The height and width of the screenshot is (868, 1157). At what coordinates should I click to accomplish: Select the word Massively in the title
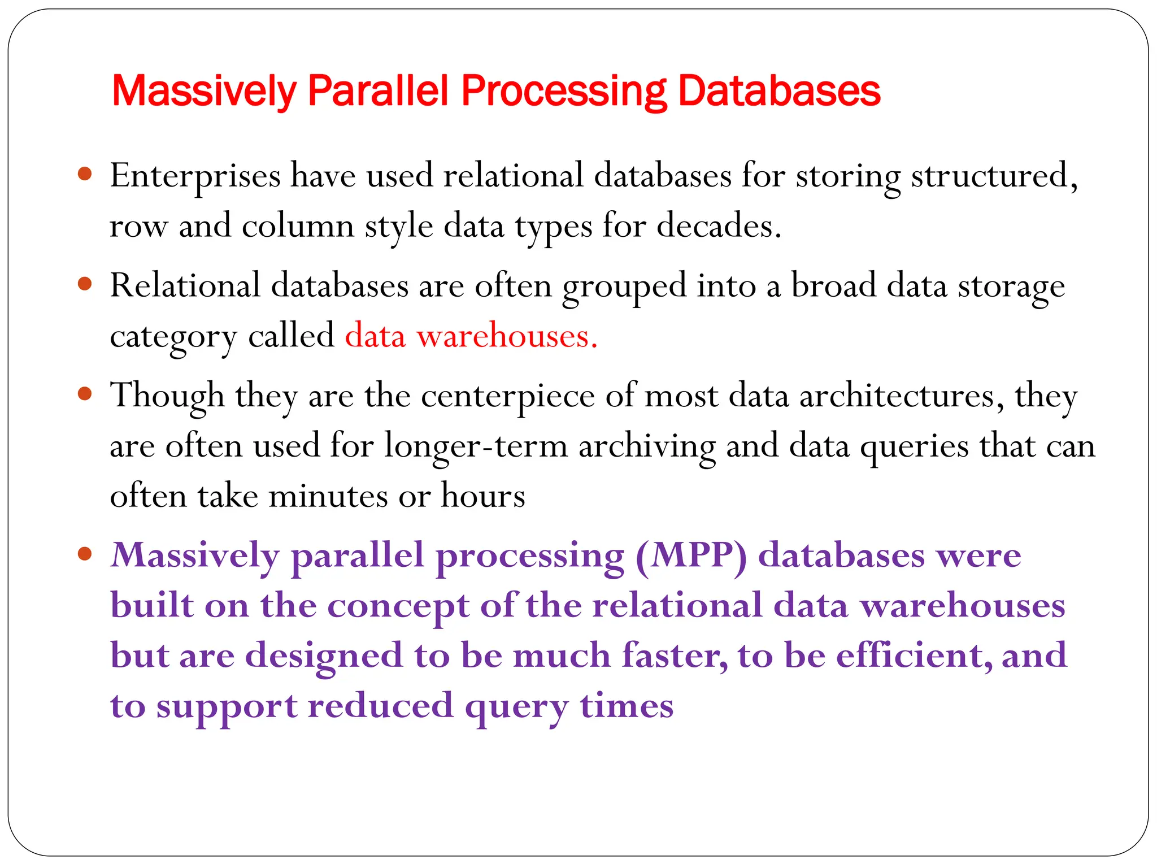tap(204, 92)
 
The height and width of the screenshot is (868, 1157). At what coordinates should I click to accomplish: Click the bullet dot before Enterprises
tap(85, 173)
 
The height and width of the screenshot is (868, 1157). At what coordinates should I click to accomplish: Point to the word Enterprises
tap(195, 176)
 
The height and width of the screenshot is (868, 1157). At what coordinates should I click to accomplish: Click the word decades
tap(719, 226)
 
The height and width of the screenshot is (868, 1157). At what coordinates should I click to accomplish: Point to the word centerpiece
tap(507, 396)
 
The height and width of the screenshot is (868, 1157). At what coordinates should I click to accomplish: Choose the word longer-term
tap(476, 446)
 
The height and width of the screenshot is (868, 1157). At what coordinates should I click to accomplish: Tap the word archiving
tap(647, 446)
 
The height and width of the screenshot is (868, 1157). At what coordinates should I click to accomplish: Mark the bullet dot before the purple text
tap(85, 553)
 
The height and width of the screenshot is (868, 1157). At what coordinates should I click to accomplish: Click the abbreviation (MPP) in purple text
tap(691, 556)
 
